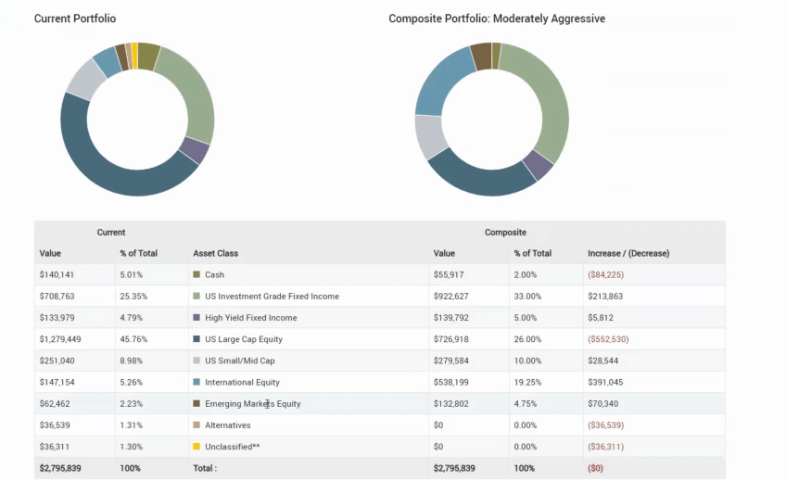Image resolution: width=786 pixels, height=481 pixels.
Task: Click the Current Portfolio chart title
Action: [x=75, y=19]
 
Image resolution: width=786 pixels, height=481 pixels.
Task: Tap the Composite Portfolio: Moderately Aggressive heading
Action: [x=497, y=19]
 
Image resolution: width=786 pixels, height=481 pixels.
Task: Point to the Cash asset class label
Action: [x=214, y=274]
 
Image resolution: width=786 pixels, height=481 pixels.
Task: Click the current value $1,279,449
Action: [x=61, y=339]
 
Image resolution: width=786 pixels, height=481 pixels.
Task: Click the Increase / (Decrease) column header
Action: [x=628, y=253]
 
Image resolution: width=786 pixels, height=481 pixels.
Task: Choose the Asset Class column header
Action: [x=215, y=253]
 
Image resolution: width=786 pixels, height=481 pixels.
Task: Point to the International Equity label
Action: [x=242, y=382]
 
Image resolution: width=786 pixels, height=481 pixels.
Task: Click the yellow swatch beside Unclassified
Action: [x=196, y=447]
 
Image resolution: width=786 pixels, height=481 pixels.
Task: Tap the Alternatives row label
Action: [x=228, y=425]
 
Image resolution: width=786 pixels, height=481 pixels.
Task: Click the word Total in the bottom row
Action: [x=205, y=468]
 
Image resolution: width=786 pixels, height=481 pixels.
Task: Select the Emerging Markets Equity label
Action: [x=253, y=404]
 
